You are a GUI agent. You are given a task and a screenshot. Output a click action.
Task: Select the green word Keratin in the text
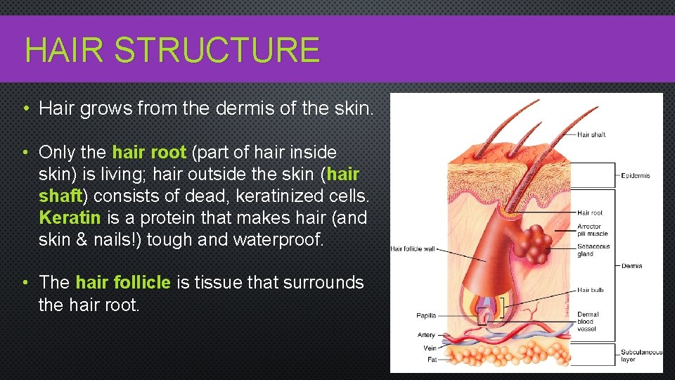tap(70, 217)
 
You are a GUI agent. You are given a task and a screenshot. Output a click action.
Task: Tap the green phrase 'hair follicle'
tap(123, 282)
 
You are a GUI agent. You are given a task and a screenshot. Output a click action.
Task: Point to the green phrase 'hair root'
tap(149, 152)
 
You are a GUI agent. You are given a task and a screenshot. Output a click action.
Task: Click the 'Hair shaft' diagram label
tap(591, 134)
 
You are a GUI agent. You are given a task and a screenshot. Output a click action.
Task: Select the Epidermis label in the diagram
tap(636, 175)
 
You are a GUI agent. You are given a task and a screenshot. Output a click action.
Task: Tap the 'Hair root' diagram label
tap(590, 213)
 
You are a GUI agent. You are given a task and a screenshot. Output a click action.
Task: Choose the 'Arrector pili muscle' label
tap(592, 230)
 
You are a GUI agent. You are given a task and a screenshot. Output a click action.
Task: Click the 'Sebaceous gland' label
tap(593, 250)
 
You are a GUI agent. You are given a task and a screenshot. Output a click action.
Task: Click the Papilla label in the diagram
tap(426, 316)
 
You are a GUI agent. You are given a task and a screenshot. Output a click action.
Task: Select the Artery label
tap(426, 335)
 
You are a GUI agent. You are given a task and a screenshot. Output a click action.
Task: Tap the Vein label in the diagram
tap(430, 348)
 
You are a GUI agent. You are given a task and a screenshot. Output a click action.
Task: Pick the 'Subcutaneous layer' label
tap(641, 355)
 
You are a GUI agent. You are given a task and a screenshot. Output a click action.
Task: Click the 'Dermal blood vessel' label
tap(588, 322)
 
